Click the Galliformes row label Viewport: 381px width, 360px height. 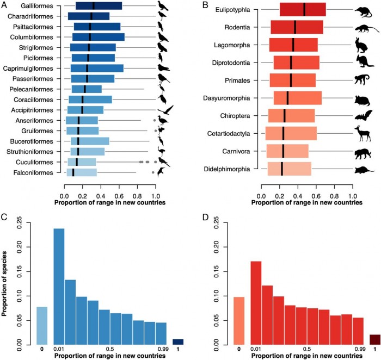pos(37,6)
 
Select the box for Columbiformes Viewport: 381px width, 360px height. pos(99,37)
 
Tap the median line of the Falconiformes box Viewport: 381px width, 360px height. pos(73,172)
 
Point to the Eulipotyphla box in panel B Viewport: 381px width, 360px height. pos(303,10)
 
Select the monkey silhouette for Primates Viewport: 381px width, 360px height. pos(361,80)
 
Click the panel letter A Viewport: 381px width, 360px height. pos(4,4)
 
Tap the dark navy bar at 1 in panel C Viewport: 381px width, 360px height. pos(178,342)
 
